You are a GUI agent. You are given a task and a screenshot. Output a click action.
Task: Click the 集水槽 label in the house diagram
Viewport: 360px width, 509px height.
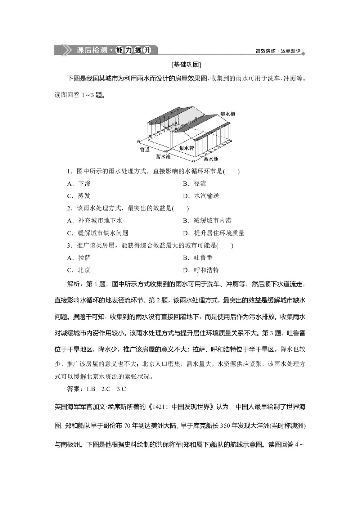coord(228,114)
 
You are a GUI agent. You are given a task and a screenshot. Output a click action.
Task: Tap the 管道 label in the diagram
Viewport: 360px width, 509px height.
coord(145,149)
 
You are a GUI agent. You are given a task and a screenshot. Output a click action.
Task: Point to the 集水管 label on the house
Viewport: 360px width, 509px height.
coord(186,148)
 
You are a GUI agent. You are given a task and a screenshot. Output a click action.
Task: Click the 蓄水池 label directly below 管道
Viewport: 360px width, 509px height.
coord(163,157)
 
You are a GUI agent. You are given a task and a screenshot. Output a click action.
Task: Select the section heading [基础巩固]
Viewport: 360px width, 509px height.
coord(186,65)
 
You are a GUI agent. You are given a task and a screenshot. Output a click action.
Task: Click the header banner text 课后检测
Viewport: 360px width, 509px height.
coord(92,50)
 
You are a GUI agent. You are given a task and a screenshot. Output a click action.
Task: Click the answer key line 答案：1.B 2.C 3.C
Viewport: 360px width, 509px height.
coord(96,389)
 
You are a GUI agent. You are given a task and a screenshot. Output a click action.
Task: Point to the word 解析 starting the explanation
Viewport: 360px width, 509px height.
coord(74,284)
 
